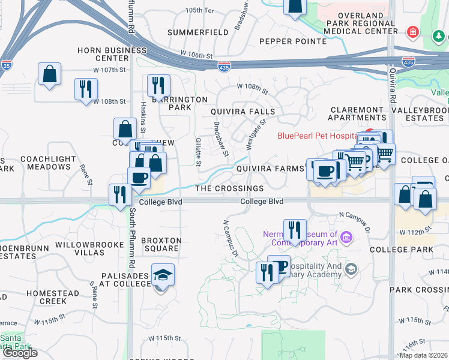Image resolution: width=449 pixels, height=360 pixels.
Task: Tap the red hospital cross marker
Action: pos(412,31)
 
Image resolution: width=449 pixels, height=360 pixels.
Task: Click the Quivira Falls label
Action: pos(243,112)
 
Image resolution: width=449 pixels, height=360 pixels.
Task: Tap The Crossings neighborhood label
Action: pos(229,188)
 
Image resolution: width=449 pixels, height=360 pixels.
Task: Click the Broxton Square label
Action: pos(161,244)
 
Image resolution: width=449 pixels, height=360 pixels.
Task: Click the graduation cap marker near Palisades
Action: pos(163,275)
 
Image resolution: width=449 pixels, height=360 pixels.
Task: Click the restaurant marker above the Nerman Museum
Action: pos(294,230)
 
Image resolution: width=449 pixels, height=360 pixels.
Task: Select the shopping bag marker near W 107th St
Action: pos(50,74)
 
